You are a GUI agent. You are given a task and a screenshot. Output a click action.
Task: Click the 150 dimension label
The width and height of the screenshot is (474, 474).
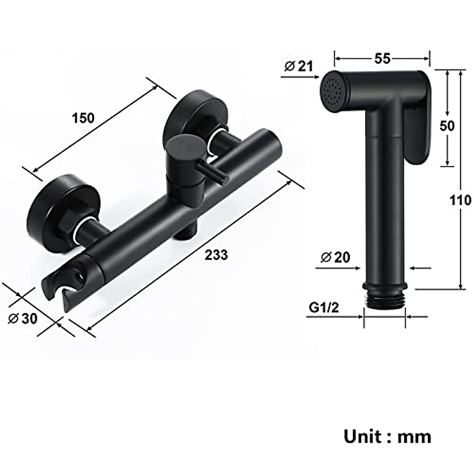coord(83,118)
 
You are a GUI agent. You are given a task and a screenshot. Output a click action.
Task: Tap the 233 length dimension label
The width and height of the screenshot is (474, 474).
coord(216,255)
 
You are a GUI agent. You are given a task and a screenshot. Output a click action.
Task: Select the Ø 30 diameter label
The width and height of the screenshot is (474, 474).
coord(23,318)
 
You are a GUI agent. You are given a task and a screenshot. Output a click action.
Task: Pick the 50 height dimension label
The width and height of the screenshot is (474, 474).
coord(447,126)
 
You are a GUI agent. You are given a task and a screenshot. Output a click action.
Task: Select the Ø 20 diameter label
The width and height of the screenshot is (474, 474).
coord(336,257)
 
